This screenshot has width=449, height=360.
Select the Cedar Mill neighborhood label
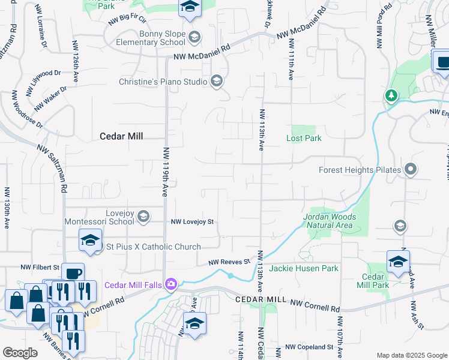[121, 136]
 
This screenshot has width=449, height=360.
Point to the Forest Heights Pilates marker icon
[411, 170]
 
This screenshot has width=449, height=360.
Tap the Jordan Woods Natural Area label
[330, 221]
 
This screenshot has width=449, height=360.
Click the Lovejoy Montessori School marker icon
[143, 216]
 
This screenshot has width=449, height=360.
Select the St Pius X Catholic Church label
[150, 247]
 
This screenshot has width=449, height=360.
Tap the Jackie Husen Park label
[304, 268]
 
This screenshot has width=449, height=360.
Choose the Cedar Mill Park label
[376, 281]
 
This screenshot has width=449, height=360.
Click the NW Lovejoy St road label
[193, 222]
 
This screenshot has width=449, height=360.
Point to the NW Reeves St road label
[229, 262]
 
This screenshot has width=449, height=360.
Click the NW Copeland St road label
[309, 347]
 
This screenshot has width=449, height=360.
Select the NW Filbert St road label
[40, 267]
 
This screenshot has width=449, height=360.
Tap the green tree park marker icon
[391, 95]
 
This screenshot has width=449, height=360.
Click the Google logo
[20, 353]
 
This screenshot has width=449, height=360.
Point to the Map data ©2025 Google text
[411, 355]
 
